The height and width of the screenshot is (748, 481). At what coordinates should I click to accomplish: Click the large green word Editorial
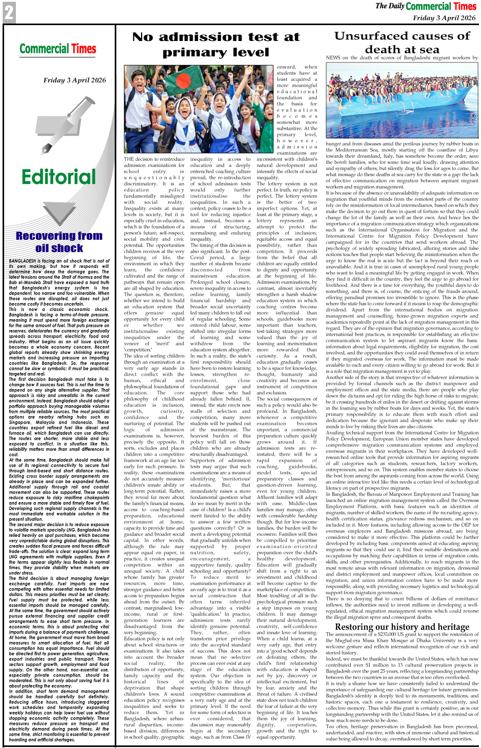point(58,177)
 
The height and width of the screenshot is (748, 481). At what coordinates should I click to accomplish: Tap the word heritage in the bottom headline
point(445,627)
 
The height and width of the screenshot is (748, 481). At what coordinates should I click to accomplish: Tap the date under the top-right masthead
point(444,18)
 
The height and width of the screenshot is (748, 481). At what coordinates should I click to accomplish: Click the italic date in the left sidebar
point(74,80)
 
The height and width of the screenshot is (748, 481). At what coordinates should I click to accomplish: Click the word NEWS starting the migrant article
point(333,58)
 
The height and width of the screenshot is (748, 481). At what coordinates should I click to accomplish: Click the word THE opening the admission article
point(129,159)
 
